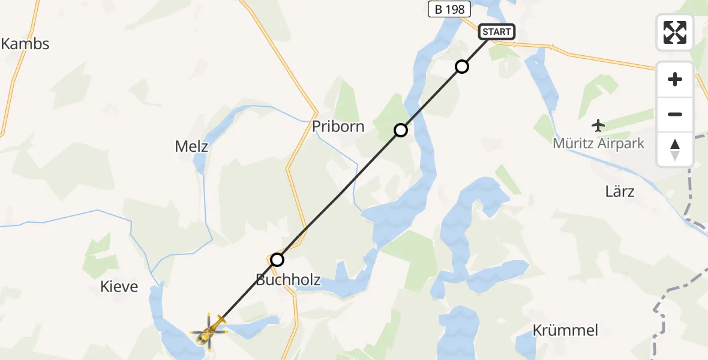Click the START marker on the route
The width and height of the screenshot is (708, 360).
pos(496,32)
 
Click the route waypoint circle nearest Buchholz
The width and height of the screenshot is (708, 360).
pos(277,260)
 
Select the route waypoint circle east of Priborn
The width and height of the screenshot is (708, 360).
pos(401,130)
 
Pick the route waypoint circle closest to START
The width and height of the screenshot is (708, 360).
pos(461,67)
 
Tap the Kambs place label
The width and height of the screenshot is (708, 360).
pos(25,44)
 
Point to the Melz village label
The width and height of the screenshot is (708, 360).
pos(191,146)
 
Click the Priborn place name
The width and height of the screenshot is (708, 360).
pos(338,127)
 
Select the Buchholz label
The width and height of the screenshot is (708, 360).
pos(288,280)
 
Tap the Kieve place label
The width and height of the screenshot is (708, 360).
pos(118,287)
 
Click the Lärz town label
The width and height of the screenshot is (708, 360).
pos(619,191)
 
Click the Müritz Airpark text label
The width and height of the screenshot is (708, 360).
pos(599,144)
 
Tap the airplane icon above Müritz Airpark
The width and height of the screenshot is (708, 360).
pos(598,125)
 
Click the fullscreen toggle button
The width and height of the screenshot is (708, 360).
pos(675,32)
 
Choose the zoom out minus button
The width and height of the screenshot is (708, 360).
pos(675,115)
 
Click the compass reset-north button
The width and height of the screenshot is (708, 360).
pos(675,149)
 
